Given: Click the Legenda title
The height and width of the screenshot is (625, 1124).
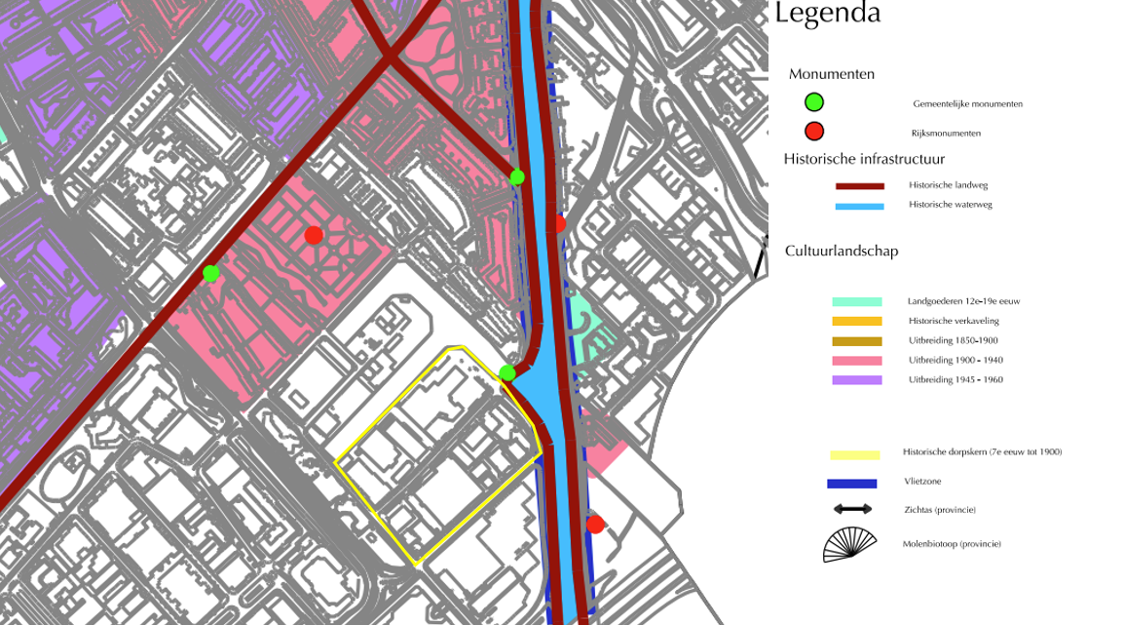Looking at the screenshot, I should click(x=828, y=14).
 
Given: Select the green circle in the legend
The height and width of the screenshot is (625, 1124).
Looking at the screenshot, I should click(x=814, y=101).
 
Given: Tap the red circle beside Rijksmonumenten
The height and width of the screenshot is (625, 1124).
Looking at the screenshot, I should click(x=814, y=132).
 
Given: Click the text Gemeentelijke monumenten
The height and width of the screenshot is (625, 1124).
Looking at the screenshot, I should click(x=967, y=103).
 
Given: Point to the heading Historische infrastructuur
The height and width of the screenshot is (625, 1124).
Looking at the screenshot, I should click(x=864, y=159).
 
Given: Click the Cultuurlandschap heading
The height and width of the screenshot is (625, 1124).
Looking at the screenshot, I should click(x=842, y=251).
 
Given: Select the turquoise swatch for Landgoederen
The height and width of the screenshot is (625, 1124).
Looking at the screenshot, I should click(x=856, y=302).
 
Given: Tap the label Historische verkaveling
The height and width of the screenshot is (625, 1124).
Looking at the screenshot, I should click(x=953, y=321).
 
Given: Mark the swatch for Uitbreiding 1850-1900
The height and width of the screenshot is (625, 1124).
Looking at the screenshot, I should click(x=856, y=341).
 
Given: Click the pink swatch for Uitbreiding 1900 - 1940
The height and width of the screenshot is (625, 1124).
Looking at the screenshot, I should click(x=856, y=361).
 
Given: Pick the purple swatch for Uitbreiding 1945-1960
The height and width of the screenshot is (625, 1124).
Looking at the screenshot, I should click(x=856, y=380).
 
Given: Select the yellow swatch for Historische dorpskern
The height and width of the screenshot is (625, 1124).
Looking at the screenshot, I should click(x=854, y=454).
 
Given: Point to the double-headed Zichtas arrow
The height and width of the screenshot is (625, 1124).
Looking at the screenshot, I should click(x=852, y=509).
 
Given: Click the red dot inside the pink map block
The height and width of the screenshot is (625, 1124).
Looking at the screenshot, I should click(x=314, y=235).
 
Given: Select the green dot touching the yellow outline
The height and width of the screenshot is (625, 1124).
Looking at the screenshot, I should click(x=507, y=373).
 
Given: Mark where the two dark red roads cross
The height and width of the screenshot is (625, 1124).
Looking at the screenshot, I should click(x=391, y=58).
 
